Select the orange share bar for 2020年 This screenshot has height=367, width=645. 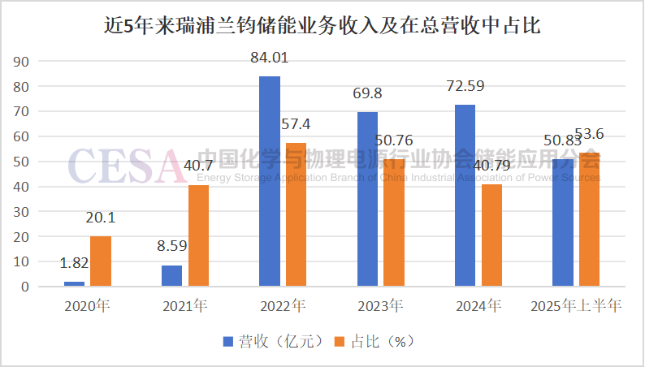pos(101,261)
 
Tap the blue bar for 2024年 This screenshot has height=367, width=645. pos(465,196)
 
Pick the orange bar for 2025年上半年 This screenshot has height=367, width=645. pos(587,219)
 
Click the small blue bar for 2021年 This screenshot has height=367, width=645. pos(171,276)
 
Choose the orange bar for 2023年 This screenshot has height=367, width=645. pos(393,223)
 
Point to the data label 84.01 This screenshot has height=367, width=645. pos(269,58)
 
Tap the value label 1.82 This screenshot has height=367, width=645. pos(74,262)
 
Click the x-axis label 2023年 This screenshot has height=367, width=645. pos(380,307)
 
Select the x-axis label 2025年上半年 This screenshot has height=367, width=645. pos(575,307)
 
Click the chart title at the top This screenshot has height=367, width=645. pos(322,25)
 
